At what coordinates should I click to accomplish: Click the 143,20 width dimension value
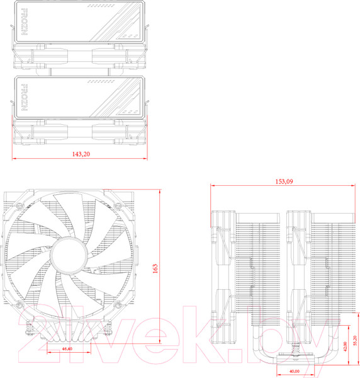[x=81, y=154]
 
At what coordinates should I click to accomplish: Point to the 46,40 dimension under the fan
[x=67, y=348]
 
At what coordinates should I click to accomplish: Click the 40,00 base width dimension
[x=294, y=372]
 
